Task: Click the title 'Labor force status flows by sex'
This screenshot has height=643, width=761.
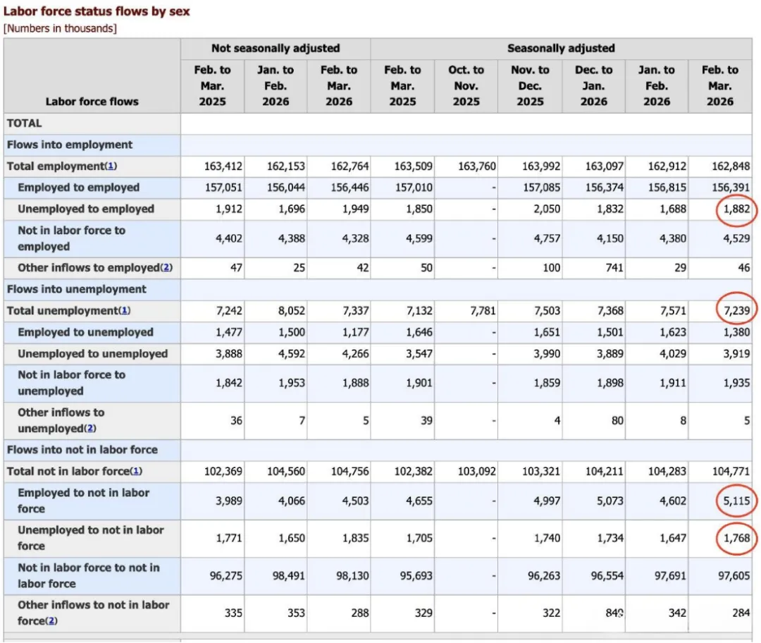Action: pos(97,11)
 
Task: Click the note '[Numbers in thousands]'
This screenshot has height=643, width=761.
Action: pos(60,28)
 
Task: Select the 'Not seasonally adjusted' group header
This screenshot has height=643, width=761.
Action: pos(276,49)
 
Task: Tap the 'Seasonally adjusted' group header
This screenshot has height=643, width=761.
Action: pos(561,49)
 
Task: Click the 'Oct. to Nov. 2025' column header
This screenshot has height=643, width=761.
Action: pos(466,86)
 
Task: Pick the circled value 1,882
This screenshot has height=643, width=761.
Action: pos(736,209)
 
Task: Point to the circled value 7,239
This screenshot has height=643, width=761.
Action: pos(736,311)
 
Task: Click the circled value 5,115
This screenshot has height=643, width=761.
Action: pos(736,501)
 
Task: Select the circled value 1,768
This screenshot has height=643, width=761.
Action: pos(736,539)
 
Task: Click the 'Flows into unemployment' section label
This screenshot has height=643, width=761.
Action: pos(77,289)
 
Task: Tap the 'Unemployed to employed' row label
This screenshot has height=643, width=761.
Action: pos(86,209)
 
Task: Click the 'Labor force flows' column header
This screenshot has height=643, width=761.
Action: pos(92,102)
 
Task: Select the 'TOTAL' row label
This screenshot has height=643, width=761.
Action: pos(25,123)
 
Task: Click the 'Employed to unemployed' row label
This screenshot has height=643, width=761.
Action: pos(85,332)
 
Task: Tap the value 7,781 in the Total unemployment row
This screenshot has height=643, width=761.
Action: pos(481,311)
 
